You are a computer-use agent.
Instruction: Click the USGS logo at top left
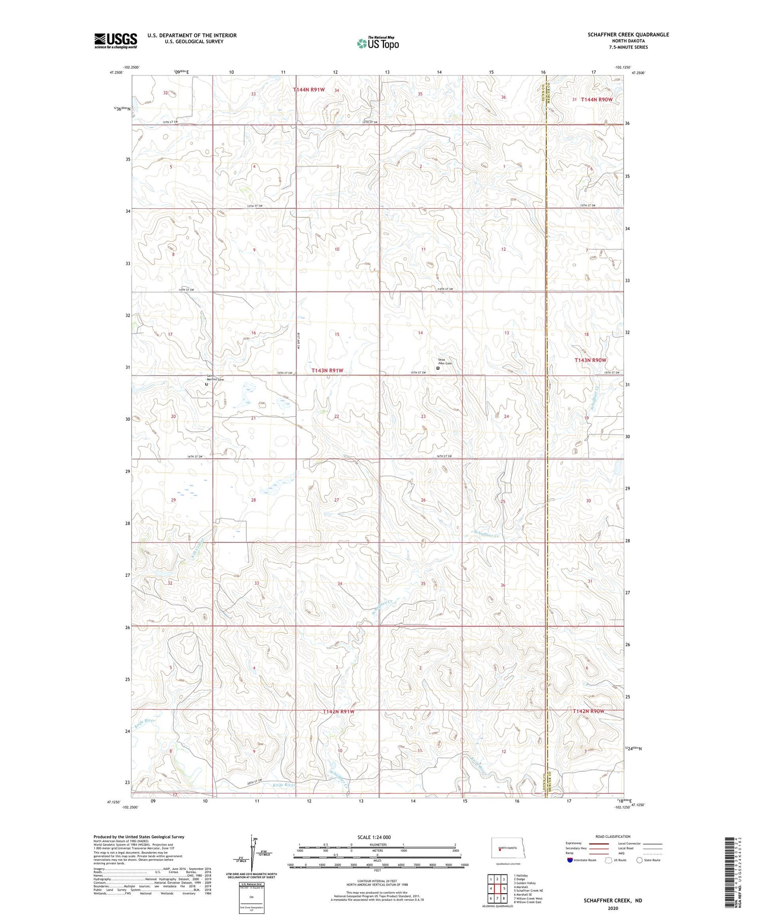116,41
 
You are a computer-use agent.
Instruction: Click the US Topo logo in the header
377,44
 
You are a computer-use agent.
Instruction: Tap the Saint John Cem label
444,361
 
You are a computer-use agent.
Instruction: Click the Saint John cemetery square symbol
438,369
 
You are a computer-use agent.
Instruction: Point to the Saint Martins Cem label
215,378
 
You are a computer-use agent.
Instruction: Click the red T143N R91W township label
327,371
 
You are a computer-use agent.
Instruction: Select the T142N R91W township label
338,712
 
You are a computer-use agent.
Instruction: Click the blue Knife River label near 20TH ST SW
284,785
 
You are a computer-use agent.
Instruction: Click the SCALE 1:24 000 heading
374,837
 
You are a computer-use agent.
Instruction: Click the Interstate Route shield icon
570,860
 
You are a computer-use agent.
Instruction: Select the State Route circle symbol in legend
639,860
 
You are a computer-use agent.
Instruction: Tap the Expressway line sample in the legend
598,843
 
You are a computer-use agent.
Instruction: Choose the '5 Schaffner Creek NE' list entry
528,890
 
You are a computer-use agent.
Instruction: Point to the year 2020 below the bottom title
613,908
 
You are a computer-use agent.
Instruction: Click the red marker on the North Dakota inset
500,851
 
